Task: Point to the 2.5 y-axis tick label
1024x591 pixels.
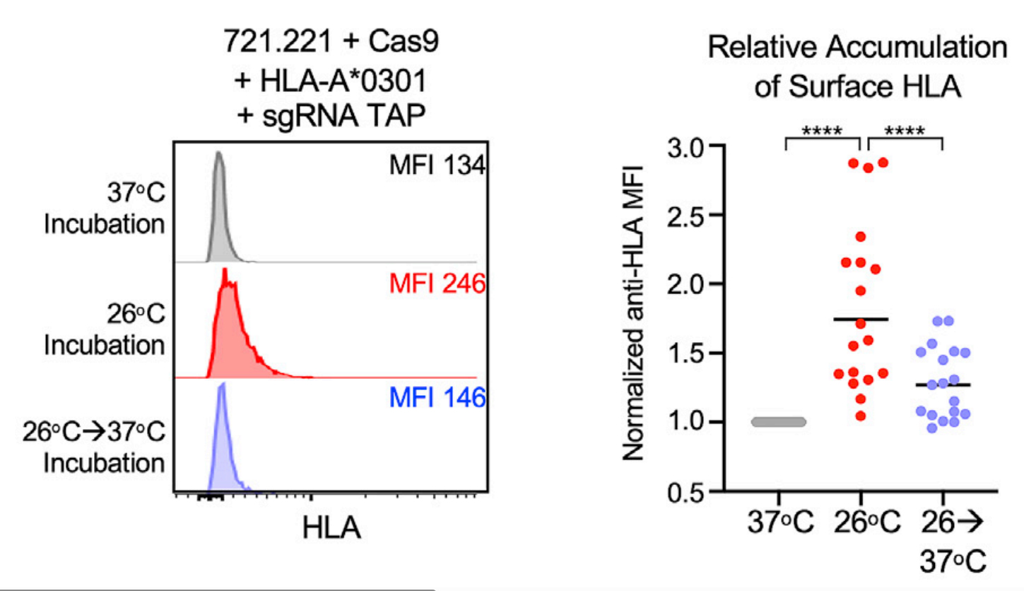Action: (x=687, y=215)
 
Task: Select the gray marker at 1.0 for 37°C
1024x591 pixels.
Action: (x=778, y=422)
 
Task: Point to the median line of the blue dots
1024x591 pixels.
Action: (x=942, y=385)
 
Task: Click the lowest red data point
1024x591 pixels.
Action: (x=860, y=416)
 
